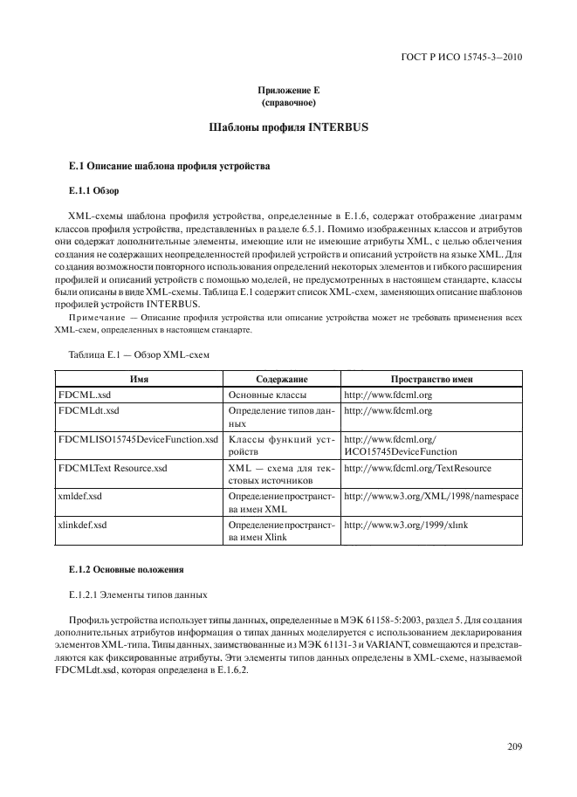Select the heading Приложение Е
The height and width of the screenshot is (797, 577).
coord(288,92)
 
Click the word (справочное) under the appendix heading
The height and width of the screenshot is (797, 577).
coord(288,103)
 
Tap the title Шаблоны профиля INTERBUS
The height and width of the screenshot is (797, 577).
coord(288,128)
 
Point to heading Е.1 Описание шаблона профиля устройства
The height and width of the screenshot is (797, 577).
coord(164,165)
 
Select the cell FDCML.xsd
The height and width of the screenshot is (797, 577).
coord(84,395)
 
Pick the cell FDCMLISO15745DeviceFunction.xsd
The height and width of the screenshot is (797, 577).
coord(138,439)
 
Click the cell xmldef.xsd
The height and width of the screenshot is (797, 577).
coord(80,495)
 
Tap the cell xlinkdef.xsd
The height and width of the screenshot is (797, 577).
coord(84,525)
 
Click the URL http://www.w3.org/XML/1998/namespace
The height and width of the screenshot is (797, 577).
coord(431,495)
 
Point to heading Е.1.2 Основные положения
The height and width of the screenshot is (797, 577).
coord(126,569)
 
